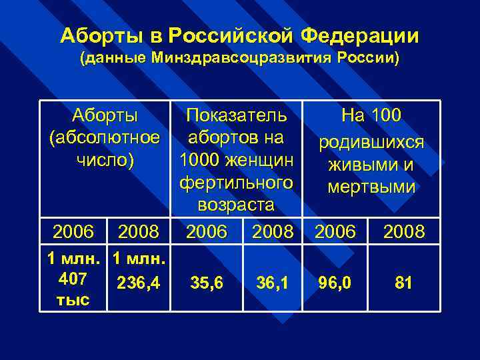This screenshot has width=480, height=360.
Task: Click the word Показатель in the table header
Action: tap(237, 116)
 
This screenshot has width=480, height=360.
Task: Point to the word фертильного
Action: tap(237, 181)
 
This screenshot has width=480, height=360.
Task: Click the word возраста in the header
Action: tap(237, 203)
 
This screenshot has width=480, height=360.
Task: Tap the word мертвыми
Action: tap(371, 188)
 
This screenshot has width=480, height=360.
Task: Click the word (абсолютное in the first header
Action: tap(105, 138)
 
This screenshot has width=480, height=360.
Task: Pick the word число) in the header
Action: tap(105, 160)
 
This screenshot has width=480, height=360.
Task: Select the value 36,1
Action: tap(273, 283)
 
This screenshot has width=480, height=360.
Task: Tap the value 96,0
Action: tap(336, 283)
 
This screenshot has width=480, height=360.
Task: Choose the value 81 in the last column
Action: tap(403, 283)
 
